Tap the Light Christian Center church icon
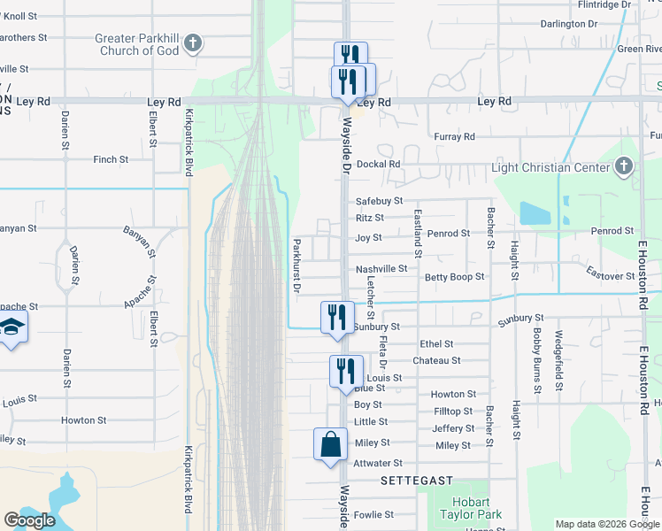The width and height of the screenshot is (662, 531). pyautogui.click(x=624, y=166)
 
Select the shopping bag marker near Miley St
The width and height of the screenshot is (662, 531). pyautogui.click(x=330, y=444)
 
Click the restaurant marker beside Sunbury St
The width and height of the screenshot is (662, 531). pyautogui.click(x=337, y=319)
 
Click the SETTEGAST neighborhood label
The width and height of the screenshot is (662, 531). pyautogui.click(x=416, y=481)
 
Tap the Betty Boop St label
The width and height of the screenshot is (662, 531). pyautogui.click(x=454, y=277)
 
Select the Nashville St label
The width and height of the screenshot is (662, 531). pyautogui.click(x=381, y=269)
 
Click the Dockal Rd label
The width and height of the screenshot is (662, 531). pyautogui.click(x=379, y=164)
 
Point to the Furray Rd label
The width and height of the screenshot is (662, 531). pyautogui.click(x=454, y=136)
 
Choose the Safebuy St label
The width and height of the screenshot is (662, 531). pyautogui.click(x=379, y=202)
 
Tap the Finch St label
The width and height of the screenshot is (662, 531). pyautogui.click(x=111, y=160)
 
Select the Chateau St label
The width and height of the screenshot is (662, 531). pyautogui.click(x=436, y=361)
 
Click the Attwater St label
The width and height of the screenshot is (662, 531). pyautogui.click(x=378, y=463)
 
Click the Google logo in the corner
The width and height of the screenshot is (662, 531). pyautogui.click(x=29, y=520)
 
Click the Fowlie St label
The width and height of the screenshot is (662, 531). pyautogui.click(x=373, y=514)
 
